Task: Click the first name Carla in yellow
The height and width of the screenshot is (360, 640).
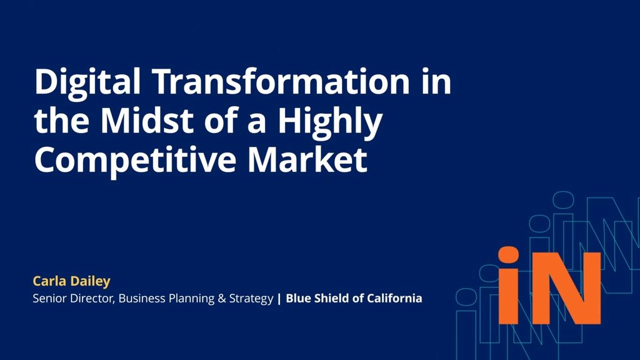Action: point(47,281)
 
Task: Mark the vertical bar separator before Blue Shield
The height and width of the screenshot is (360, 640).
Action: point(279,299)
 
